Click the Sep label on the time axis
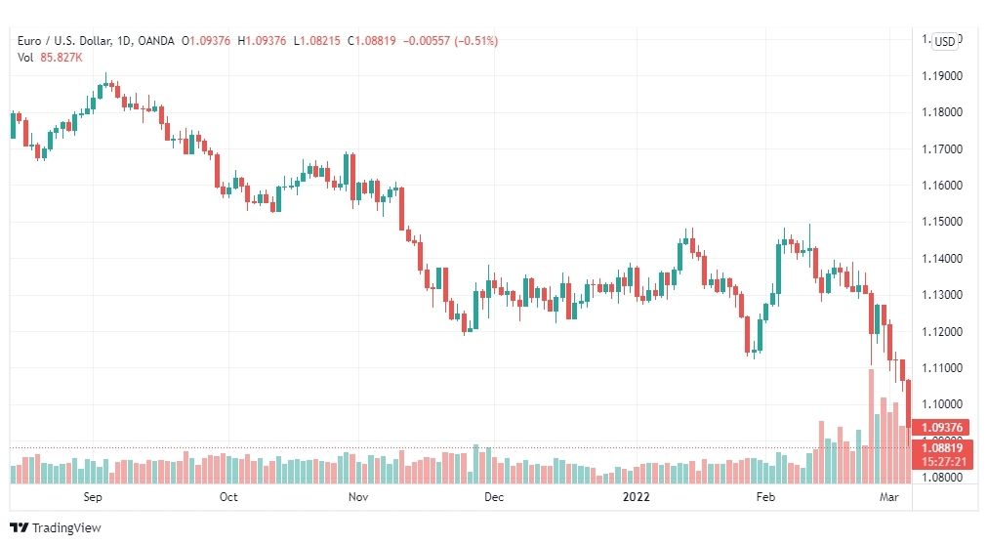tap(94, 496)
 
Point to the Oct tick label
tap(228, 496)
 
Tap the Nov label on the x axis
tap(357, 496)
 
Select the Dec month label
tap(494, 496)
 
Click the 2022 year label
tap(636, 496)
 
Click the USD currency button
tap(944, 41)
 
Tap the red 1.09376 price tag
tap(942, 427)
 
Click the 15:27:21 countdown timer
tap(942, 461)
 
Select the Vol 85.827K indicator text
tap(50, 57)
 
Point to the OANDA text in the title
tap(157, 41)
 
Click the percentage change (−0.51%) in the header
tap(473, 41)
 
